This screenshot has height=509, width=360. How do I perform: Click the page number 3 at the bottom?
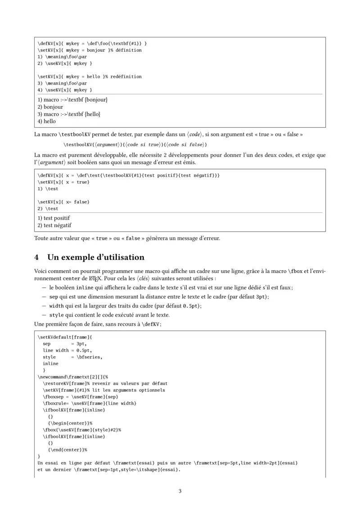pos(180,491)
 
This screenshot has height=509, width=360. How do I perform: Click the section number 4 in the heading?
pos(37,257)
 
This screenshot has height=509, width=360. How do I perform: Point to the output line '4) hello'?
pos(47,121)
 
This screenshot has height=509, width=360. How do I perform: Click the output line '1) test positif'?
pos(54,218)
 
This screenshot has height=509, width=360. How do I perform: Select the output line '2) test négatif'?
pos(54,225)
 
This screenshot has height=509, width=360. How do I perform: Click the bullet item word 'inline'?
pos(84,288)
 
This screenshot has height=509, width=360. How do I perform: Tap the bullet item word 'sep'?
pos(54,297)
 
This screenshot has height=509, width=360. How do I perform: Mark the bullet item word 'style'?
pos(56,315)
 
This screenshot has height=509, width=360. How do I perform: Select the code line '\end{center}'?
pos(66,449)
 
